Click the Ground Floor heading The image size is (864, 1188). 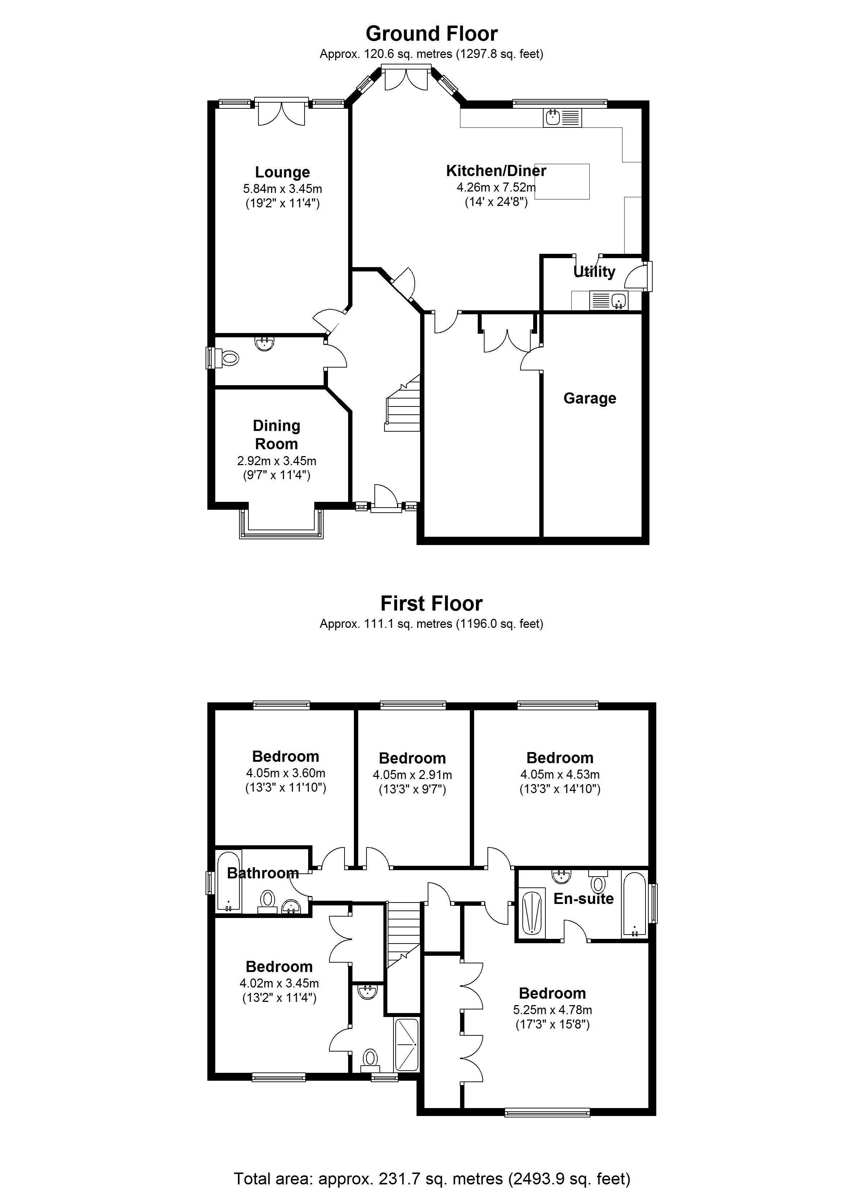[431, 33]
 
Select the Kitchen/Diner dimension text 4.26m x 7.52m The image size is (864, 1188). [496, 187]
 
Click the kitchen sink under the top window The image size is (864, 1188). [552, 117]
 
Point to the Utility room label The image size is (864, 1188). [594, 271]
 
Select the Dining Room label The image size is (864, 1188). [276, 434]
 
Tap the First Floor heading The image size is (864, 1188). [431, 603]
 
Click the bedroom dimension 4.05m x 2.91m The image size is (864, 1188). [412, 775]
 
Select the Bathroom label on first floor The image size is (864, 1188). [262, 873]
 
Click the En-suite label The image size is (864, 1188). [583, 899]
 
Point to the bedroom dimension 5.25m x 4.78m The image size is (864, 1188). [552, 1010]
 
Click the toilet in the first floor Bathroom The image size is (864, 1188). [267, 900]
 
